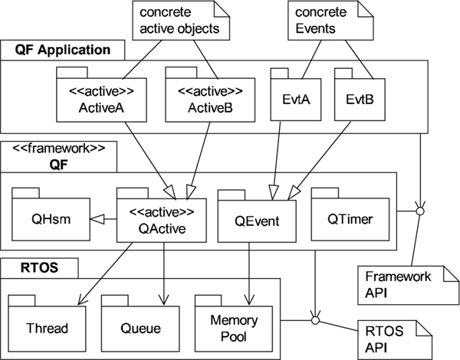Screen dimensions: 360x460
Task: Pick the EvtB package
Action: (359, 100)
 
